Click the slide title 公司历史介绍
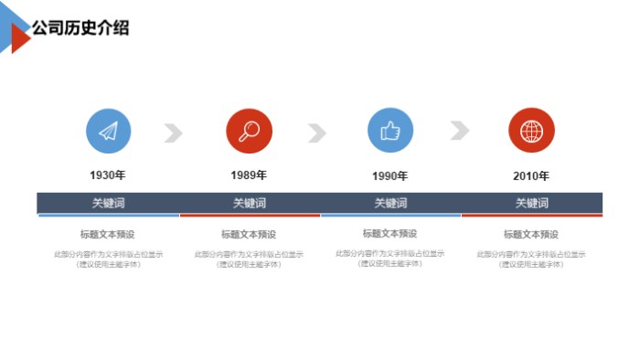point(80,28)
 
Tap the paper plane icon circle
point(109,132)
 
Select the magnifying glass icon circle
point(250,132)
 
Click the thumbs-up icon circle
point(390,131)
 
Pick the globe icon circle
point(531,132)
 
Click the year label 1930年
point(108,175)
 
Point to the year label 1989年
point(249,175)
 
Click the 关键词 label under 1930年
point(108,203)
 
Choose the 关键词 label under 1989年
point(250,203)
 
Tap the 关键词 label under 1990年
point(390,203)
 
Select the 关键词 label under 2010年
point(531,203)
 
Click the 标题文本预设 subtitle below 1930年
point(108,234)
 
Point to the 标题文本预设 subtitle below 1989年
point(249,235)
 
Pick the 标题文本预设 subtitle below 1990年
point(390,234)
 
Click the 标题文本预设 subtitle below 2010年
point(531,235)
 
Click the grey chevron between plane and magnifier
point(174,133)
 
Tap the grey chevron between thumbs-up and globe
point(459,131)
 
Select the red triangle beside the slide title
point(18,38)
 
